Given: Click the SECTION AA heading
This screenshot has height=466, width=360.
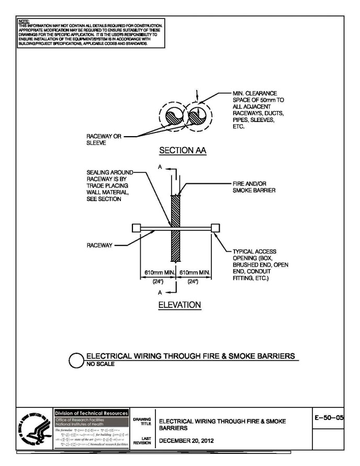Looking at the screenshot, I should tap(176, 151).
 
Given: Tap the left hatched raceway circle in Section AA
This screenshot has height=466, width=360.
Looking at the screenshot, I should tap(173, 118).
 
